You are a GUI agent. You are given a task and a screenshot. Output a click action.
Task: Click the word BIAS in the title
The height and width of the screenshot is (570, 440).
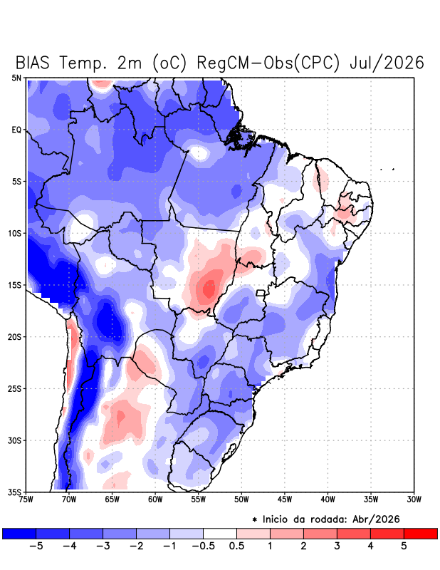coord(32,63)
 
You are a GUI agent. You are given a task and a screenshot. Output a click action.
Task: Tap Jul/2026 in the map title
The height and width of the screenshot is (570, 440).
coord(387,63)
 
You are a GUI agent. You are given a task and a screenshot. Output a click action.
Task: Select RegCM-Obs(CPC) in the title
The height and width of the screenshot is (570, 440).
coord(268,63)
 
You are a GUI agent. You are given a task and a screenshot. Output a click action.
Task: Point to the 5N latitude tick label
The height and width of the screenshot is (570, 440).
coord(16,78)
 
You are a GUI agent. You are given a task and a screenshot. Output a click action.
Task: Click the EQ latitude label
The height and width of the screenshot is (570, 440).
coord(16,130)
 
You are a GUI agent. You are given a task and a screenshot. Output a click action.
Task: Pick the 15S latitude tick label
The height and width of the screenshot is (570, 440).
coord(14,285)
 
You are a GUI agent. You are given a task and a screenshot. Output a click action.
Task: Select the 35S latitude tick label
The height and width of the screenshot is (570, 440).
coord(14,492)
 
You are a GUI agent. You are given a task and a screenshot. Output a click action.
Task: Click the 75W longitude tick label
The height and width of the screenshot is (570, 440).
coord(26,499)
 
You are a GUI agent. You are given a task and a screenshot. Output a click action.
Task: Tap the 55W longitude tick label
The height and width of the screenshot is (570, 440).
coord(199,499)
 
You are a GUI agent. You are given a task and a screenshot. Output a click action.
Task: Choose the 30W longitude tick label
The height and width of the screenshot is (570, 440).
coord(414,499)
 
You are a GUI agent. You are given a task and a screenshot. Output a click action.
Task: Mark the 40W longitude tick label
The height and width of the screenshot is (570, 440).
coord(328,499)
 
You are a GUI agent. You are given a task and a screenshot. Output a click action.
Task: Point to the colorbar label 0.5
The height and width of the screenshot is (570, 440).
coord(236,546)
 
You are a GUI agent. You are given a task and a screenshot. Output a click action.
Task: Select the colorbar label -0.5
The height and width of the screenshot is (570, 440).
coord(203,546)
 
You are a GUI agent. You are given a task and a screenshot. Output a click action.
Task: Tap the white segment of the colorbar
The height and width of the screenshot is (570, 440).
coord(220,533)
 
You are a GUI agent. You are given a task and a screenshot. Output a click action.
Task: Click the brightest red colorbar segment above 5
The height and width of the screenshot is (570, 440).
coord(420,533)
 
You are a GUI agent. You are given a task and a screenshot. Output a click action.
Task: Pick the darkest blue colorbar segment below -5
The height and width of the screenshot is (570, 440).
coord(19,533)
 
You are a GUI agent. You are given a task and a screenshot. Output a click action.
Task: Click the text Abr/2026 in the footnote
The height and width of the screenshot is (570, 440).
coord(376,519)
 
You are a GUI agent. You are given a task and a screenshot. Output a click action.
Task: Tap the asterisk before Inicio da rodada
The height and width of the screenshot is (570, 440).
coord(254,520)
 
